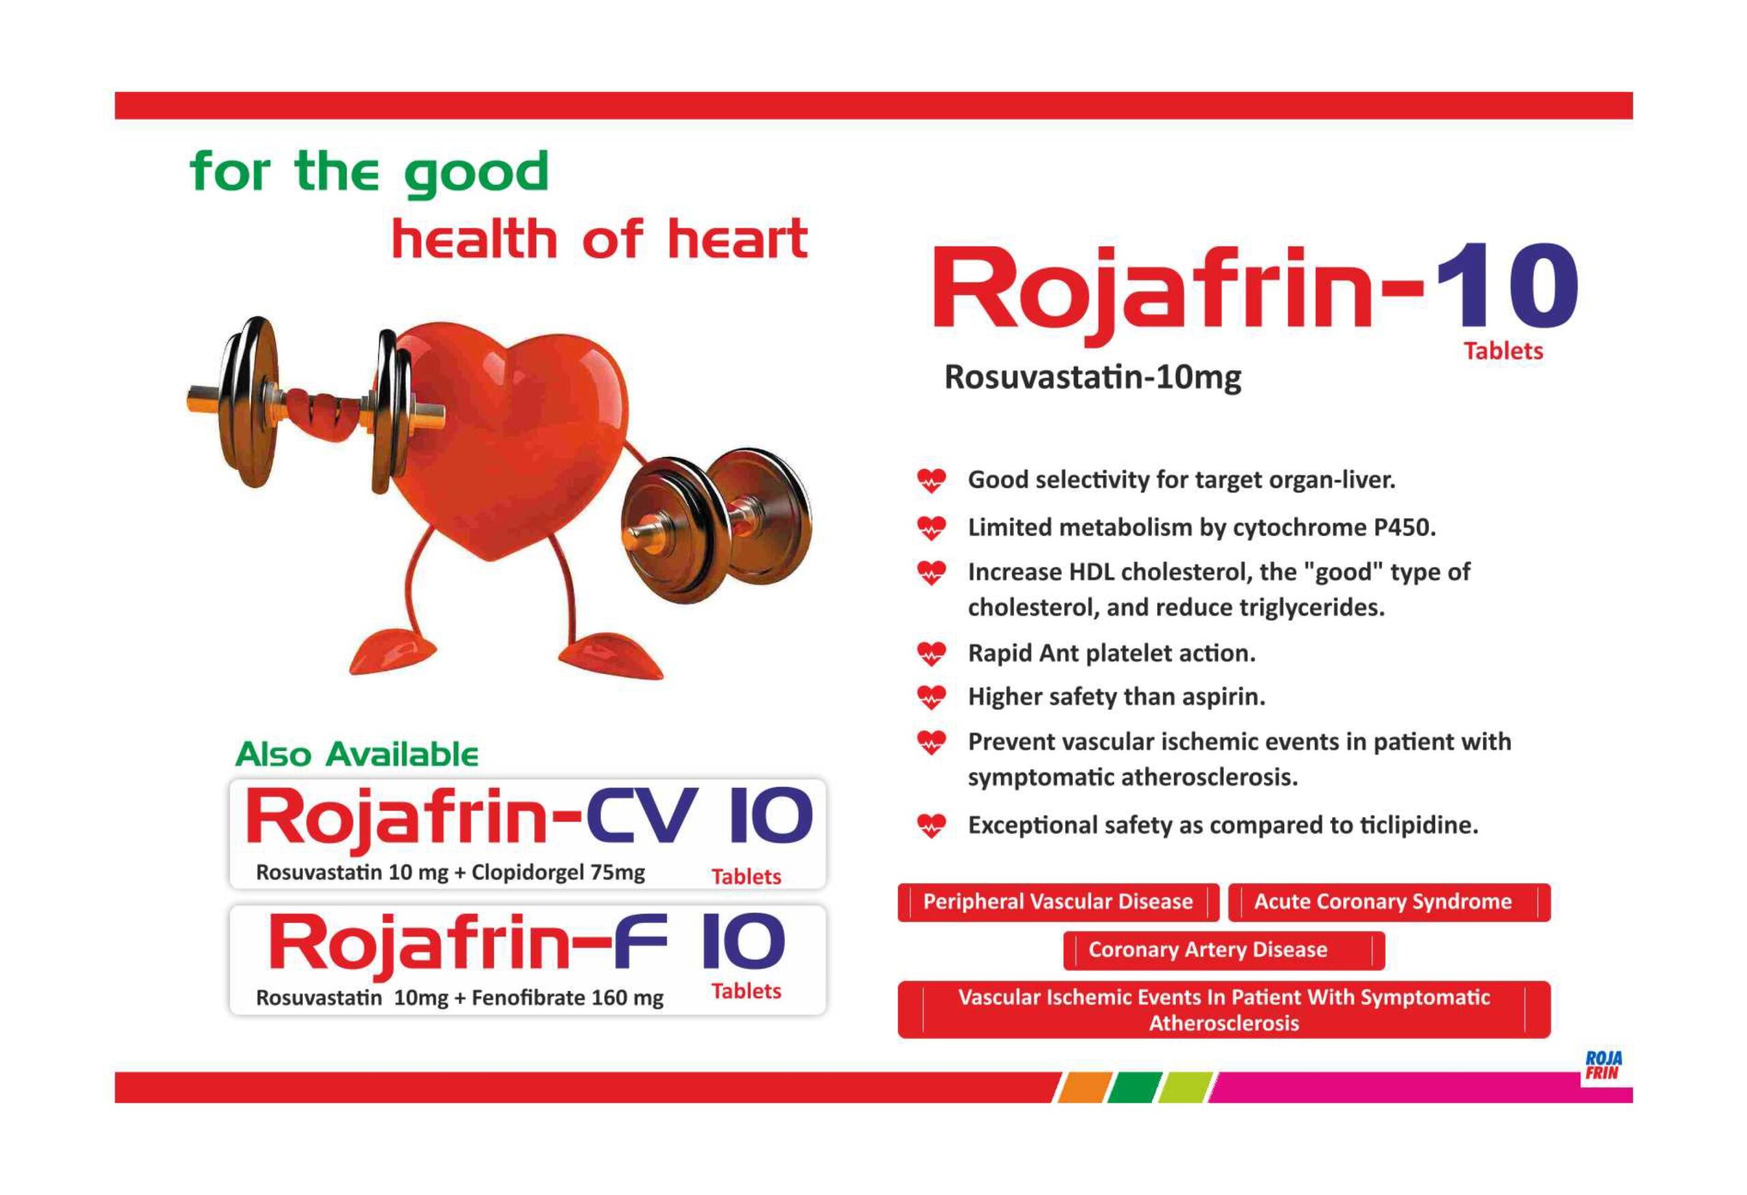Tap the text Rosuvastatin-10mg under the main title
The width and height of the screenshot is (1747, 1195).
point(1093,377)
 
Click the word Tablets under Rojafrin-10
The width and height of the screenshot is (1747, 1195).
point(1503,351)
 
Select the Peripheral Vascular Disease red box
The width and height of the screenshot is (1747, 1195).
point(1058,902)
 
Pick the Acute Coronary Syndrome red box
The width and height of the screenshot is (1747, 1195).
point(1389,902)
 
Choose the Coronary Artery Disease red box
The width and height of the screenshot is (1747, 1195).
point(1224,950)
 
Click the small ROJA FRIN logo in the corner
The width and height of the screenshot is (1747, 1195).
point(1604,1065)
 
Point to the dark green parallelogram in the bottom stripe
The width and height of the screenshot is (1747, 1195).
point(1134,1087)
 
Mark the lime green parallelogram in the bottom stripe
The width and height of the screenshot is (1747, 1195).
point(1185,1087)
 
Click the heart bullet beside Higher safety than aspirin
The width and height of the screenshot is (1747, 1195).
point(932,698)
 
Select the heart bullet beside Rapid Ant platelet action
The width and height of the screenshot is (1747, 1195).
point(932,654)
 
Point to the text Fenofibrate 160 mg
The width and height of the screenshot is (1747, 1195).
point(568,998)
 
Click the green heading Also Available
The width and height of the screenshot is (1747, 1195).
point(357,754)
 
